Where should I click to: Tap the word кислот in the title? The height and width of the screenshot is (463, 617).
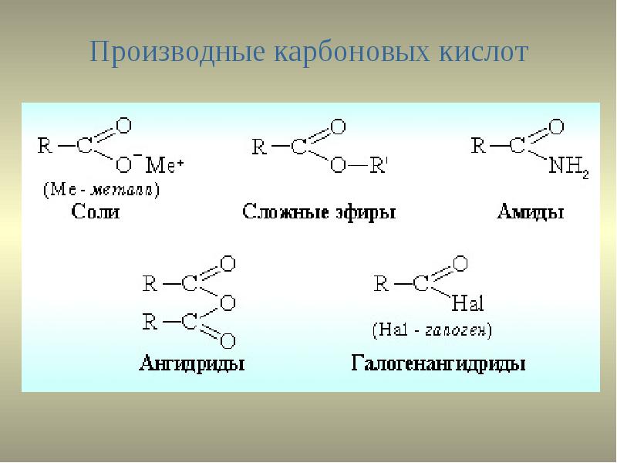click(x=483, y=53)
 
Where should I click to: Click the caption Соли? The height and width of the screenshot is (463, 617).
click(x=96, y=211)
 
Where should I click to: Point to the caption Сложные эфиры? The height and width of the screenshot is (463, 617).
click(x=318, y=211)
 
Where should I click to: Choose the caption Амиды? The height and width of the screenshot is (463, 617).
click(x=530, y=211)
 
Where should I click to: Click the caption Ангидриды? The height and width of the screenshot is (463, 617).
click(x=192, y=363)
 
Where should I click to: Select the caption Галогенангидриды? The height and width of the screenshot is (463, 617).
click(x=439, y=363)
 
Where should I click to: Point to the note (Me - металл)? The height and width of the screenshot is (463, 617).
click(x=101, y=189)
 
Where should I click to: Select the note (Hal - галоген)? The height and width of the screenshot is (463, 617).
click(x=432, y=330)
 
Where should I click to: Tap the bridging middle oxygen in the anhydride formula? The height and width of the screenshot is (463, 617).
click(x=228, y=303)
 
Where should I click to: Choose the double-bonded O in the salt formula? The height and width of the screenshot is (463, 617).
click(x=123, y=124)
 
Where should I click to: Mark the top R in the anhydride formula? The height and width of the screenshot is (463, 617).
click(x=150, y=285)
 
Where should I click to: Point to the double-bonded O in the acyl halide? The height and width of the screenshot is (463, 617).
click(x=460, y=265)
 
